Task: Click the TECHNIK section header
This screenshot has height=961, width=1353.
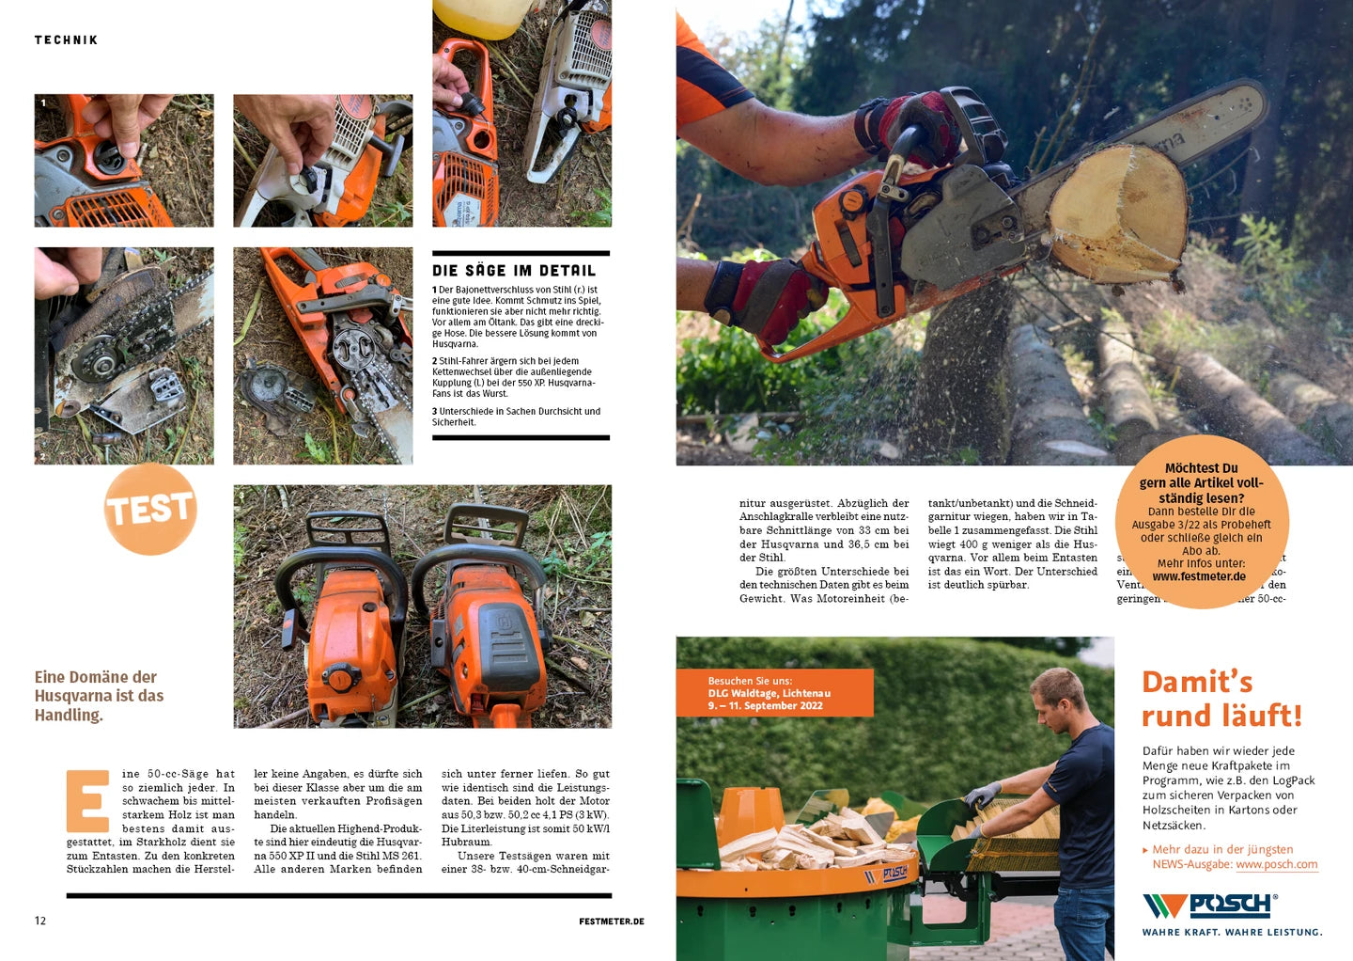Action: pos(66,40)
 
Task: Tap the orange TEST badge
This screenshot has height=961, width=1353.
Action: pos(150,509)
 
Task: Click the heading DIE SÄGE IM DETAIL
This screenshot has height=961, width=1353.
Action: pos(514,271)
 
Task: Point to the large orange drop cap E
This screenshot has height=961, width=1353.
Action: pos(87,800)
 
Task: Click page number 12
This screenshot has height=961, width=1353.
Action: pos(40,921)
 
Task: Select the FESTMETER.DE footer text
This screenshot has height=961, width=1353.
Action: pos(611,922)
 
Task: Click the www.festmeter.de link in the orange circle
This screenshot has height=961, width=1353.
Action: pos(1199,576)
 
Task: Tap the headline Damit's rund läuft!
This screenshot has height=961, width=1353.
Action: pos(1221,699)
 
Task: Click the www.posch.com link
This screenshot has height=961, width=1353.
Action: pos(1276,864)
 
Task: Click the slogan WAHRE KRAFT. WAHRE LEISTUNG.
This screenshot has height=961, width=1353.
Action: pos(1232,933)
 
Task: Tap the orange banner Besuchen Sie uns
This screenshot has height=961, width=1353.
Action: pos(774,693)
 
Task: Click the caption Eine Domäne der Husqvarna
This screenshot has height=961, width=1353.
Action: pos(99,696)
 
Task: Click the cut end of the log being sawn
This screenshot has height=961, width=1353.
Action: pos(1118,212)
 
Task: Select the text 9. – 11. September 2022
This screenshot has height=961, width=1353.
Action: pos(765,706)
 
